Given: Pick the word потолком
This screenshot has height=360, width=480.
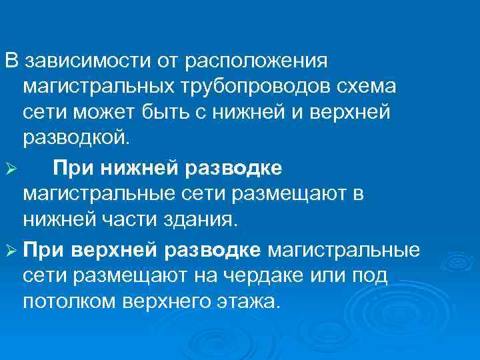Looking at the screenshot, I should pyautogui.click(x=70, y=301).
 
